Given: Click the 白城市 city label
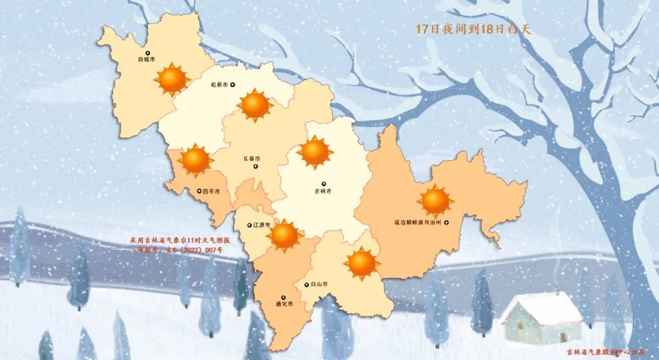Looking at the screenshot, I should (146, 60).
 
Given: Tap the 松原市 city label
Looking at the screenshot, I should (219, 85).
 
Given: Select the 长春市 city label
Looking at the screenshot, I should (252, 158).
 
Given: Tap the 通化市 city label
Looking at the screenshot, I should (286, 303).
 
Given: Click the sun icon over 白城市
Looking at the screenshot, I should (173, 79).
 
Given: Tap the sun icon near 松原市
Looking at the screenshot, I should (254, 105).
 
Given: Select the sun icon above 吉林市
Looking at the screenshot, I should (315, 153).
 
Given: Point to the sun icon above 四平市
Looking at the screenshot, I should (196, 160).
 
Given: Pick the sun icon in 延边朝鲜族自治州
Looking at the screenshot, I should (435, 201).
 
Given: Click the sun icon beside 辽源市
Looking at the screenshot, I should (284, 236).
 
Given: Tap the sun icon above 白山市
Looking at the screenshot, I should (362, 263).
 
